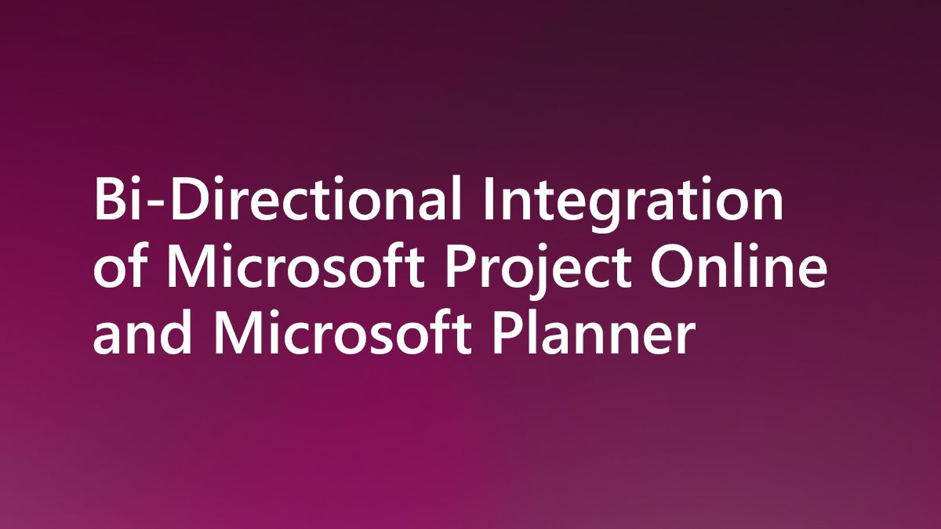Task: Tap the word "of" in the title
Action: click(x=118, y=269)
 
